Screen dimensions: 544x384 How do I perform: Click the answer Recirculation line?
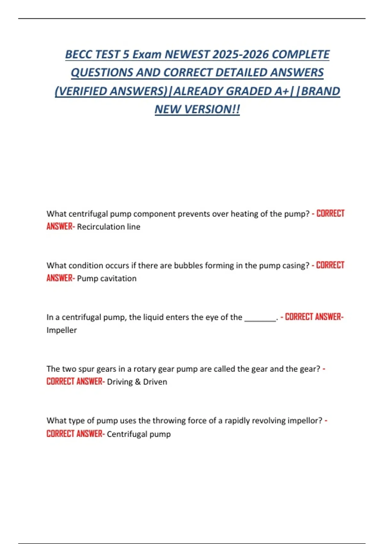coord(108,227)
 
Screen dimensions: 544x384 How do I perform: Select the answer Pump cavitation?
coord(107,279)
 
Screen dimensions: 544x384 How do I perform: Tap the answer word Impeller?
coord(61,330)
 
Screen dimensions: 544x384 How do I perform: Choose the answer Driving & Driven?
coord(137,382)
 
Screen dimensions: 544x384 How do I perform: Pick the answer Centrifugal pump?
coord(139,434)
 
